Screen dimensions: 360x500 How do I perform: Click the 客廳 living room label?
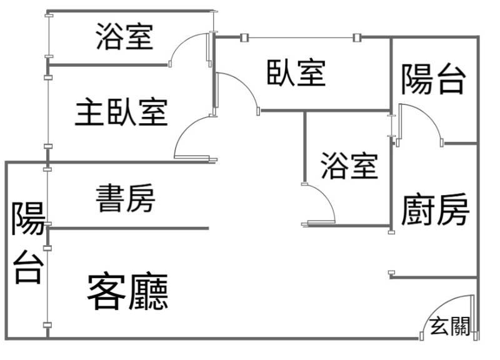pos(127,291)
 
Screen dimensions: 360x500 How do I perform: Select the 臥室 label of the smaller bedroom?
pos(296,72)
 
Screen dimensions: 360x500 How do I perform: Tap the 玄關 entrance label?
pos(450,326)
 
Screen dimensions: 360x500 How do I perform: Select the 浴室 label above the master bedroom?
pos(124,36)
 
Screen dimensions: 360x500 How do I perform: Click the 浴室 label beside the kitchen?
pos(349,165)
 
